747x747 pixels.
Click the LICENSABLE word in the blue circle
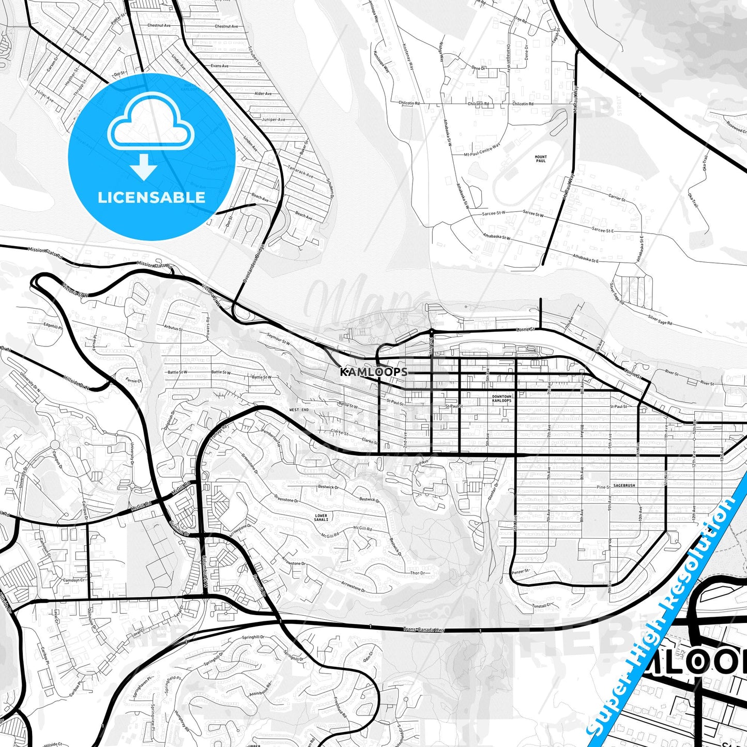point(151,197)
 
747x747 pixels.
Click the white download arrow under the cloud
point(144,166)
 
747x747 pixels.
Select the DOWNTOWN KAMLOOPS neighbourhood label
point(501,399)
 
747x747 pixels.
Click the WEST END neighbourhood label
point(299,409)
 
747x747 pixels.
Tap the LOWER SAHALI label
point(321,517)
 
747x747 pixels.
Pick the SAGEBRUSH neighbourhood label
point(624,486)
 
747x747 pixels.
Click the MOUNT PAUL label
point(541,159)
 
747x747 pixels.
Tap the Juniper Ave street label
point(273,119)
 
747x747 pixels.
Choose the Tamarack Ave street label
point(300,172)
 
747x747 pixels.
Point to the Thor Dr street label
point(418,573)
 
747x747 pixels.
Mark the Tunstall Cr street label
point(543,605)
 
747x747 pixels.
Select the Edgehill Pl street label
point(53,326)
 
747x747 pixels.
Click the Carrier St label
point(617,198)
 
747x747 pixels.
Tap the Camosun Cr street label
point(74,580)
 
